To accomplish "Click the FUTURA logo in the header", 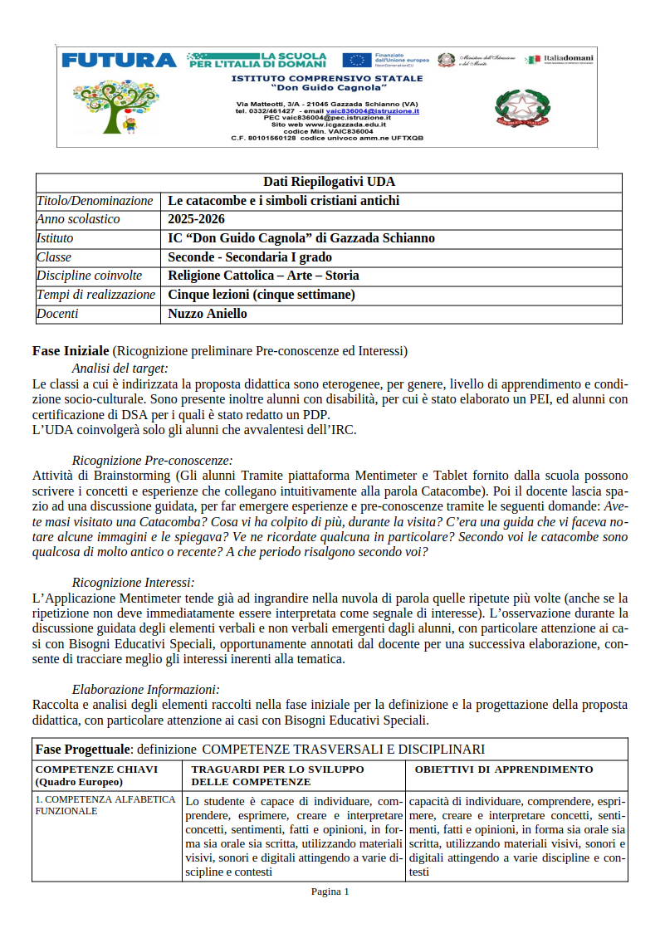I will pyautogui.click(x=119, y=60).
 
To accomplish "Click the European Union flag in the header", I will pyautogui.click(x=357, y=60).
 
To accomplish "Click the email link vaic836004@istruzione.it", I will pyautogui.click(x=372, y=110).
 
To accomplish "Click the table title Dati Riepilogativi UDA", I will pyautogui.click(x=329, y=182).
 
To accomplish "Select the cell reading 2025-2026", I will pyautogui.click(x=196, y=219).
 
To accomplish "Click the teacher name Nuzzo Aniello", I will pyautogui.click(x=208, y=314).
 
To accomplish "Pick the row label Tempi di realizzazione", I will pyautogui.click(x=95, y=295).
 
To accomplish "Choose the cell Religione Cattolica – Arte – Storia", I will pyautogui.click(x=263, y=276).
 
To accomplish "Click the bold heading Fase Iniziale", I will pyautogui.click(x=71, y=351).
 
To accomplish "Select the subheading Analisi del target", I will pyautogui.click(x=120, y=368).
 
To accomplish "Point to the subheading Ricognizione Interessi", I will pyautogui.click(x=133, y=583).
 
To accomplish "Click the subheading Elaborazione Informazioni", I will pyautogui.click(x=145, y=688).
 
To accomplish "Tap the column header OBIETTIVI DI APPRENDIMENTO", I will pyautogui.click(x=503, y=769).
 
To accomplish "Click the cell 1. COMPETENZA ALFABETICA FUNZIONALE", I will pyautogui.click(x=105, y=805).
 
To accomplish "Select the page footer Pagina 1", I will pyautogui.click(x=330, y=891).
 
